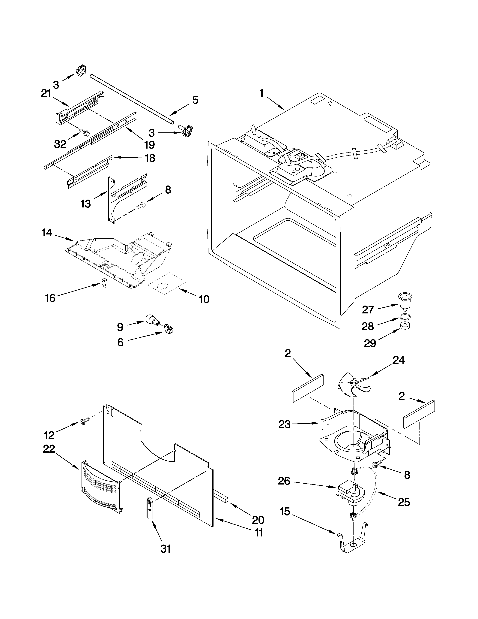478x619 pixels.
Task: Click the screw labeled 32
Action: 84,132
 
